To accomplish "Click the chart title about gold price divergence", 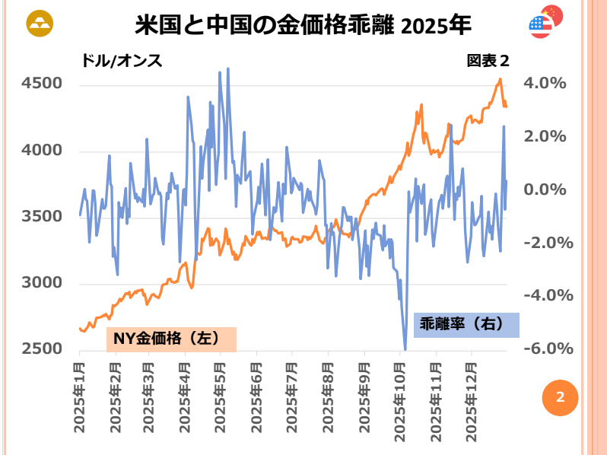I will [x=303, y=25].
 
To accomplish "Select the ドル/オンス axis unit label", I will [x=122, y=61].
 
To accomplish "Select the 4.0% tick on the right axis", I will [x=545, y=84].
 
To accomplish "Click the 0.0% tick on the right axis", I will [x=545, y=189].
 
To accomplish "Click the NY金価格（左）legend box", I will [x=171, y=339].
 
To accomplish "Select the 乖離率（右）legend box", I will [x=466, y=324].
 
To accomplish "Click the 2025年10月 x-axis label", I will [x=401, y=399].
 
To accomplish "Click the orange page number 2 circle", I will [x=560, y=397].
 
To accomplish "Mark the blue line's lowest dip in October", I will [x=405, y=349].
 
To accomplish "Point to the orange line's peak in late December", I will [x=500, y=79].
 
